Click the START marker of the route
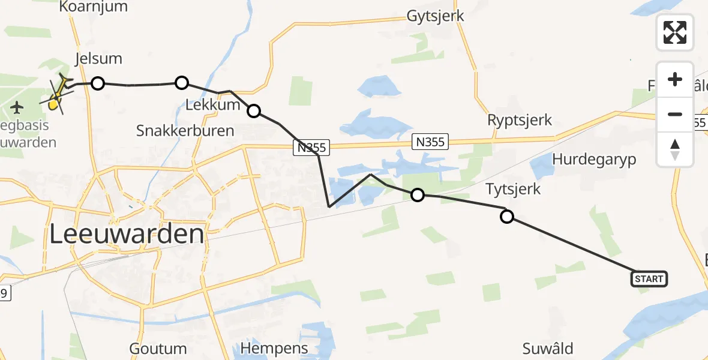tap(649, 278)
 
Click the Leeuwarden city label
tap(127, 234)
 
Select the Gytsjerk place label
tap(435, 16)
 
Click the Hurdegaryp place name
tap(593, 160)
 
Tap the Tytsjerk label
tap(512, 190)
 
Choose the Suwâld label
tap(548, 348)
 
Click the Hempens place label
tap(274, 348)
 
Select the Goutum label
tap(158, 349)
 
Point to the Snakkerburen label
tap(185, 130)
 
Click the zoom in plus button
tap(675, 79)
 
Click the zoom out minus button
tap(675, 114)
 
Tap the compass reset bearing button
tap(675, 149)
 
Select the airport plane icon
tap(17, 108)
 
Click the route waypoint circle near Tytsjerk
tap(507, 217)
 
